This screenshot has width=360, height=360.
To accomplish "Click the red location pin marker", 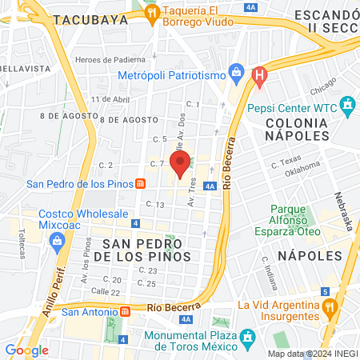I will (180, 162).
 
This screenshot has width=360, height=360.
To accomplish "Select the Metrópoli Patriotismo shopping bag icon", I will (237, 74).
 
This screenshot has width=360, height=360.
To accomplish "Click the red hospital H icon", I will (258, 76).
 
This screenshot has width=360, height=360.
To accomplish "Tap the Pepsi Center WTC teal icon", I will (347, 104).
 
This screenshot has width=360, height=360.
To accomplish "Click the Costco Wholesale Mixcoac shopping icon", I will (57, 246).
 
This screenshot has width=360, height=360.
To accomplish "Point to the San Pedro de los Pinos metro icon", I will (140, 183).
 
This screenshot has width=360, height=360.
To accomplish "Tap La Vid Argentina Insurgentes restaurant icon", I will (328, 307).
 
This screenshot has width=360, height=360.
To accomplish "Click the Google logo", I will (26, 350).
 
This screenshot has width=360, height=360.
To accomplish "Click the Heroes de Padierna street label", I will (110, 59).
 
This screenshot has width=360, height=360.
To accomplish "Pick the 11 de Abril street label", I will (110, 99).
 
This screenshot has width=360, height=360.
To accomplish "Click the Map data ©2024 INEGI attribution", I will (312, 354).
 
